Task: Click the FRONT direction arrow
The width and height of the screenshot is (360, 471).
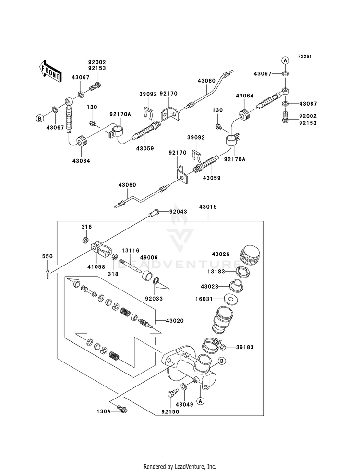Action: [x=50, y=71]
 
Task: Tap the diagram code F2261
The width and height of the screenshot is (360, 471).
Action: [x=304, y=56]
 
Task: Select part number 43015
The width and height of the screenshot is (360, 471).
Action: [x=208, y=207]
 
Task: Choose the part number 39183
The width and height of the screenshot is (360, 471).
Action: [x=245, y=347]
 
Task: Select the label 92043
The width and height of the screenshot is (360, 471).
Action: [x=178, y=211]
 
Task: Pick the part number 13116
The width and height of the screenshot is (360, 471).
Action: [x=130, y=250]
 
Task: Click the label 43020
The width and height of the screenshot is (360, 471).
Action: [x=175, y=321]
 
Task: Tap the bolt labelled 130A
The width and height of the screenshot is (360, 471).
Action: [x=122, y=409]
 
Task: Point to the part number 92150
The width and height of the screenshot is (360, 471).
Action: [x=170, y=412]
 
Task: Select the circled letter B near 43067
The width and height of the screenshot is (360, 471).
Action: [x=39, y=119]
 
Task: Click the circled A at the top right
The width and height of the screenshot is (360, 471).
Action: [x=286, y=60]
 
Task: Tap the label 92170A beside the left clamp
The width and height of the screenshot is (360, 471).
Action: [x=120, y=114]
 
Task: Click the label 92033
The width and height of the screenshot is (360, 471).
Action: [x=154, y=299]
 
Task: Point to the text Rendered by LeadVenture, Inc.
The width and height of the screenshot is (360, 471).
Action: [x=180, y=466]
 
